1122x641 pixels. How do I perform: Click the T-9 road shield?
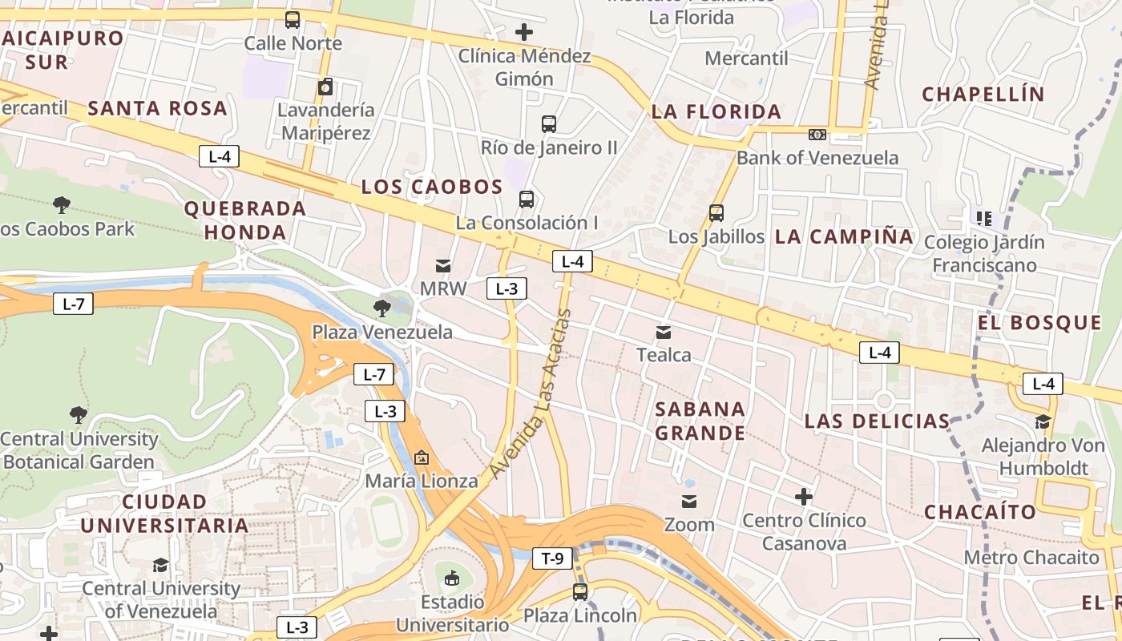click(552, 558)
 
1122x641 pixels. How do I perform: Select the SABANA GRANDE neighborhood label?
click(700, 421)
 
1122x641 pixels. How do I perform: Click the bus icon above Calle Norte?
click(293, 20)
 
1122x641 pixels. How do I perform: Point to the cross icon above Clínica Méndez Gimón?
click(524, 32)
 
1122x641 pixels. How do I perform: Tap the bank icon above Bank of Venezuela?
click(817, 135)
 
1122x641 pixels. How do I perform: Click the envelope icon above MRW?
click(443, 265)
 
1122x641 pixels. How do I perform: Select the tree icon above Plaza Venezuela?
click(382, 308)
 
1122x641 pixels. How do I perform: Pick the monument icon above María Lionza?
click(422, 458)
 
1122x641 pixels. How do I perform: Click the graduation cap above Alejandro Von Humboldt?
click(1043, 421)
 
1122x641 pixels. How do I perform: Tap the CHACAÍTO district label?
click(980, 511)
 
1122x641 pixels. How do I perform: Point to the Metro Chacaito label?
click(1031, 557)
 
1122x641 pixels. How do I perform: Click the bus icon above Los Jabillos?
click(716, 213)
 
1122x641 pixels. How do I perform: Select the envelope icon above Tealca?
click(664, 332)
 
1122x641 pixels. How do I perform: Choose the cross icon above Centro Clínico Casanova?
click(804, 497)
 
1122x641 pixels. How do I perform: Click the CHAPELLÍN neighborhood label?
click(983, 94)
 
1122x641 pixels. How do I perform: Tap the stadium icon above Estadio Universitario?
click(452, 578)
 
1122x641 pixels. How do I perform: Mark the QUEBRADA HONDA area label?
click(245, 220)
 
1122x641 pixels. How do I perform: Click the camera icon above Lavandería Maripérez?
click(325, 87)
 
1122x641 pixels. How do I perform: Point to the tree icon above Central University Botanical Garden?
click(79, 415)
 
